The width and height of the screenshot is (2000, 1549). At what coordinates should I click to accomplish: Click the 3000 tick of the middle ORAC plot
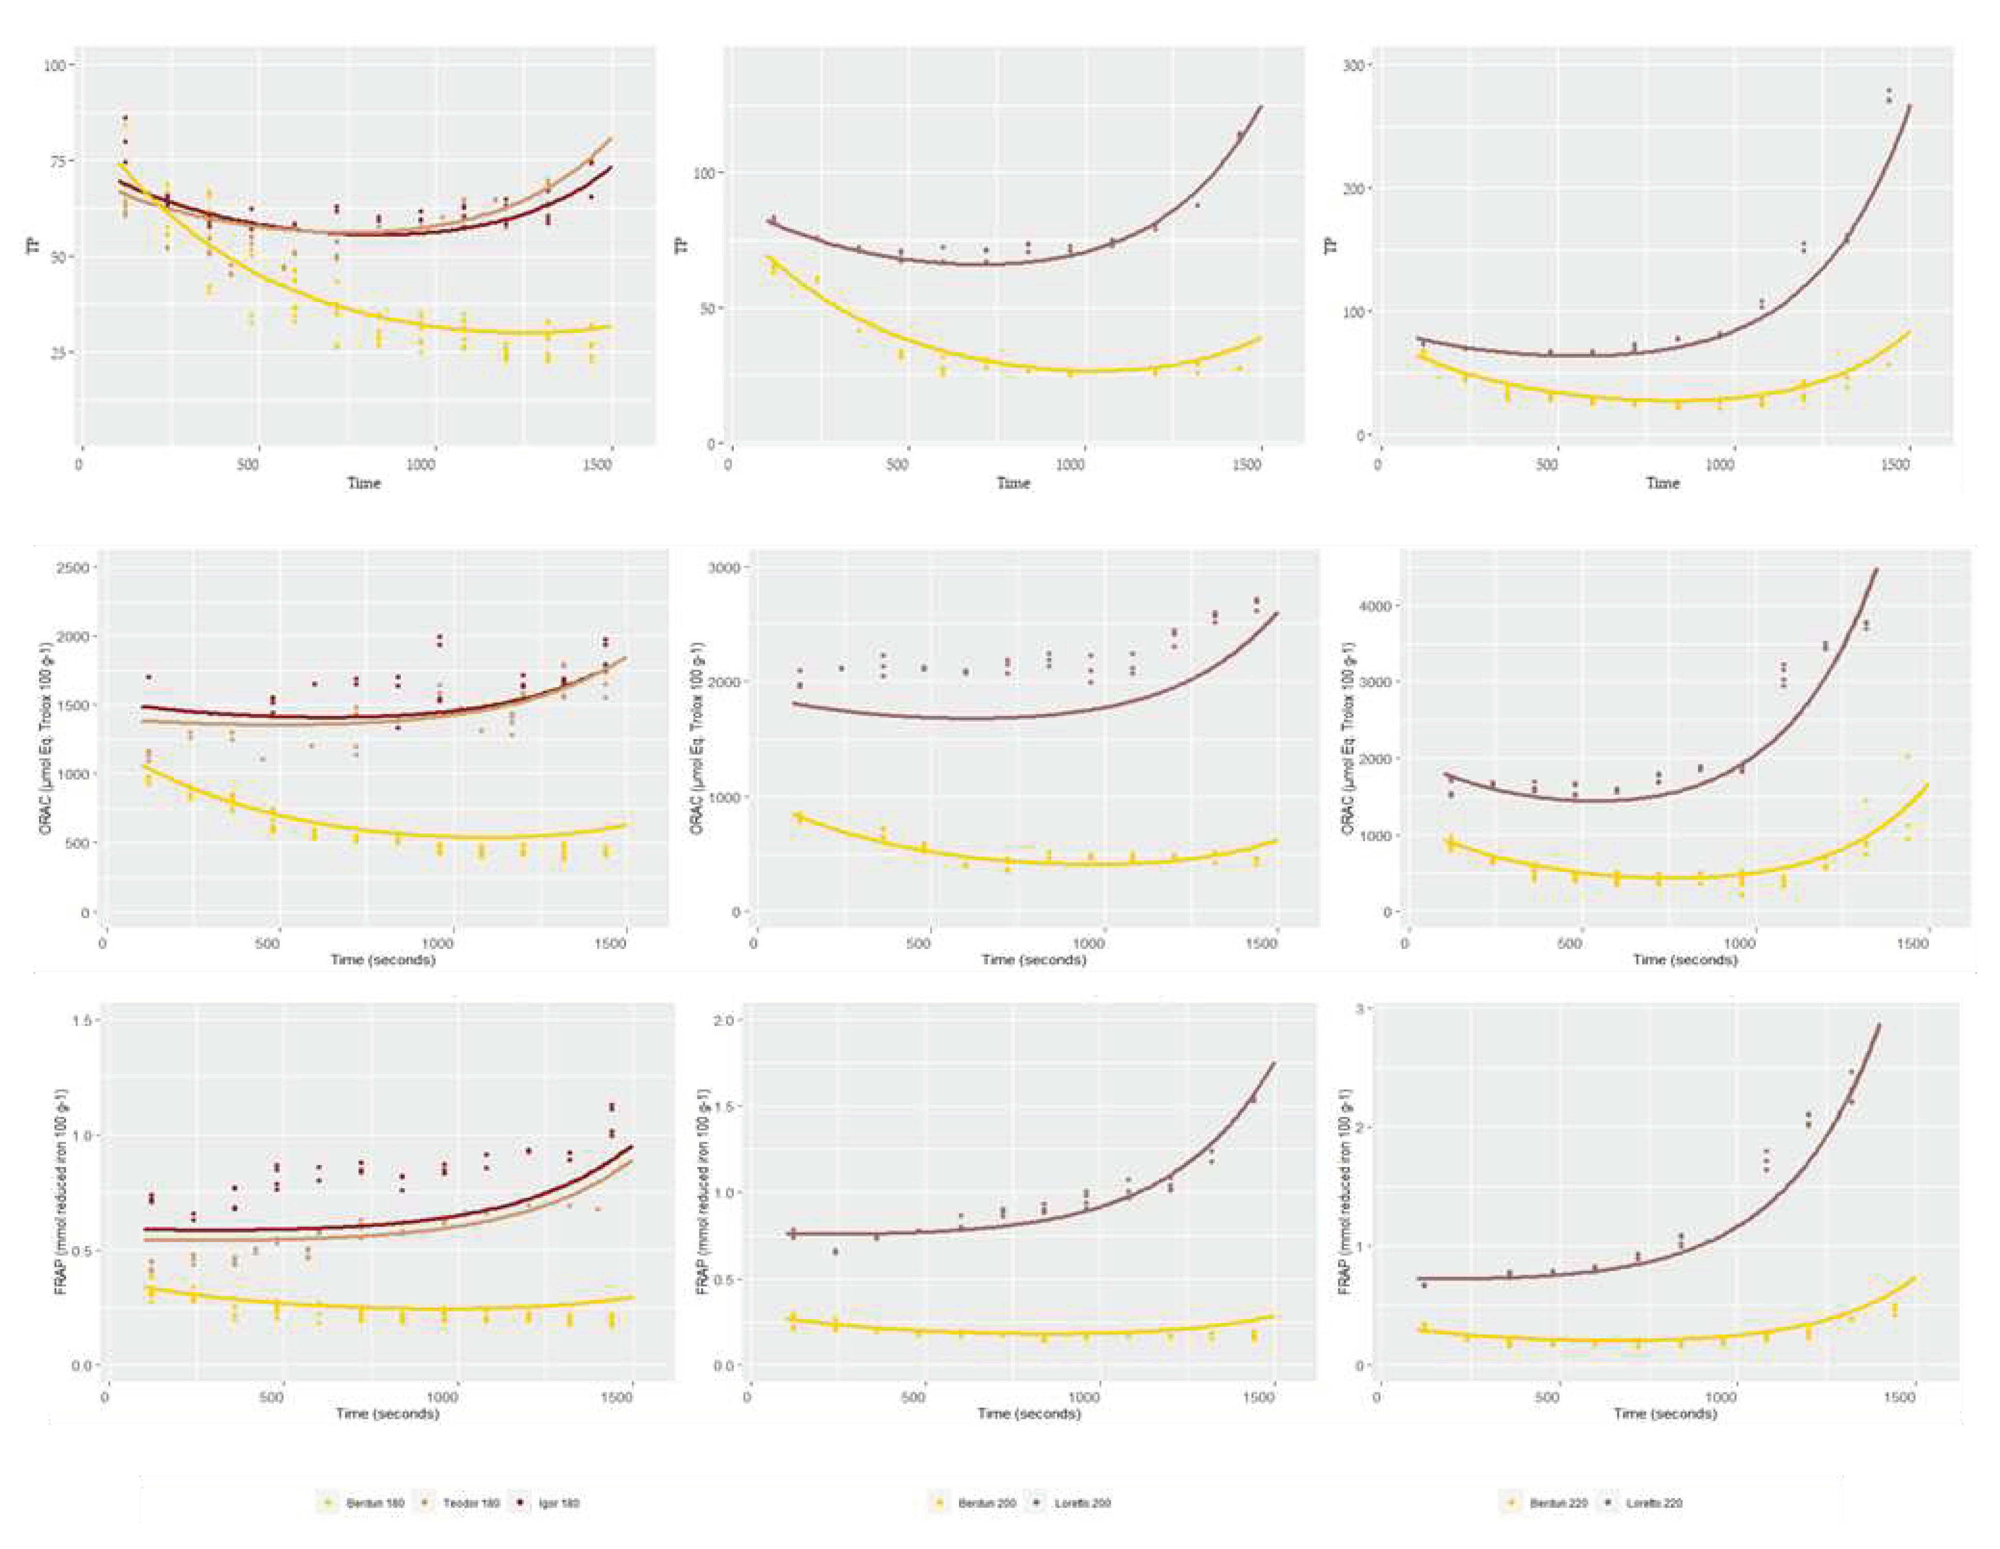tap(725, 568)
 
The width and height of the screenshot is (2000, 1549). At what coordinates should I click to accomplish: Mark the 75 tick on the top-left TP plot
tap(57, 161)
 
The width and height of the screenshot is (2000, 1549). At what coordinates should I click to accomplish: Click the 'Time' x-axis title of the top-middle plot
tap(1013, 483)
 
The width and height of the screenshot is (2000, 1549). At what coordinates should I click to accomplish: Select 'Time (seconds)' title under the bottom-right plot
tap(1665, 1413)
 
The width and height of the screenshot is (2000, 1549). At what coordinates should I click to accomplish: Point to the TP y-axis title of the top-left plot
tap(36, 245)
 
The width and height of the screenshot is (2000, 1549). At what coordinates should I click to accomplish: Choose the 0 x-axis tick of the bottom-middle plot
tap(748, 1397)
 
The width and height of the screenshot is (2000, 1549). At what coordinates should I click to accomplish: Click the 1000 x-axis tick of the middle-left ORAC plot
tap(438, 943)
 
